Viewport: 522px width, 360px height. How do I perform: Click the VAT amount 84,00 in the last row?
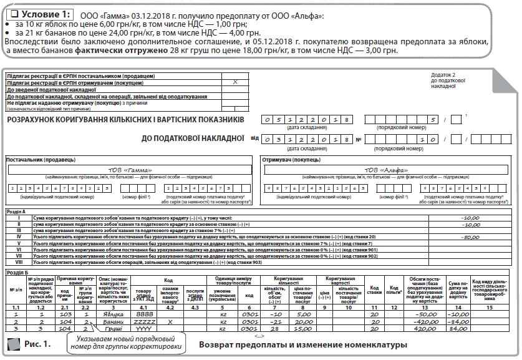[458, 329]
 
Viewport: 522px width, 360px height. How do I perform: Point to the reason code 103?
[65, 316]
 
